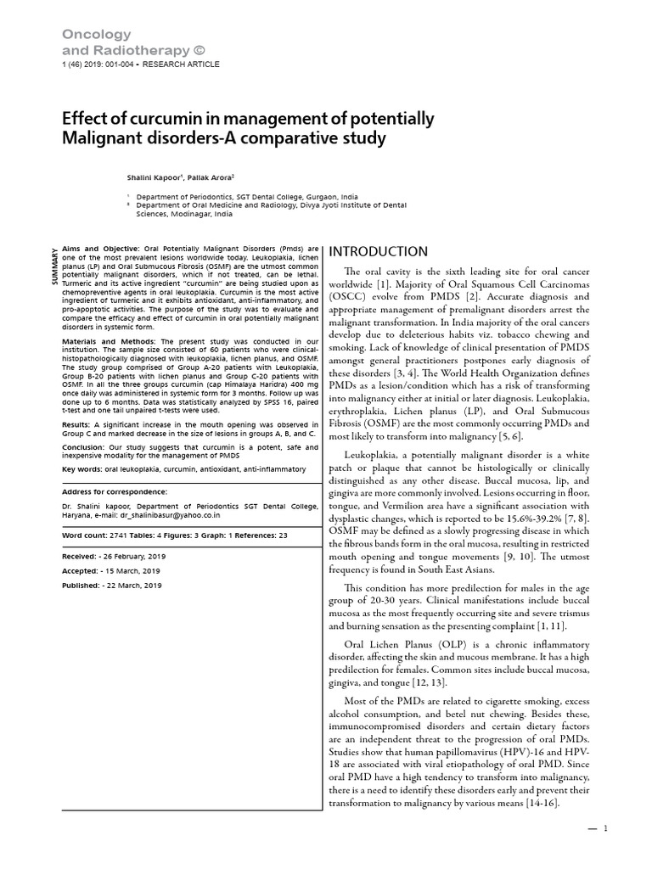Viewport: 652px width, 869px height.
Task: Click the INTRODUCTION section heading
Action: (378, 252)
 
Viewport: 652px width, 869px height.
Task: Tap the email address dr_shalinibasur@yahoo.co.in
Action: (179, 514)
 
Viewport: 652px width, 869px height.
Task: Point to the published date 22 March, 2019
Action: (132, 585)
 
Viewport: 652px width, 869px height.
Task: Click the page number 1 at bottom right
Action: (606, 830)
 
